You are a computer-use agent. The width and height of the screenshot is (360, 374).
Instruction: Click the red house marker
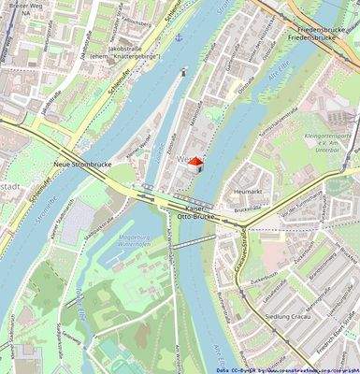point(194,162)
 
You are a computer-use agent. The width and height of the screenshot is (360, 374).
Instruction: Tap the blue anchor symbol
point(179,38)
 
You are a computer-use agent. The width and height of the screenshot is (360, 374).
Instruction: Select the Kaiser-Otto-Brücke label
point(195,211)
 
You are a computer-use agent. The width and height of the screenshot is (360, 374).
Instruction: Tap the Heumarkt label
point(249,190)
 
